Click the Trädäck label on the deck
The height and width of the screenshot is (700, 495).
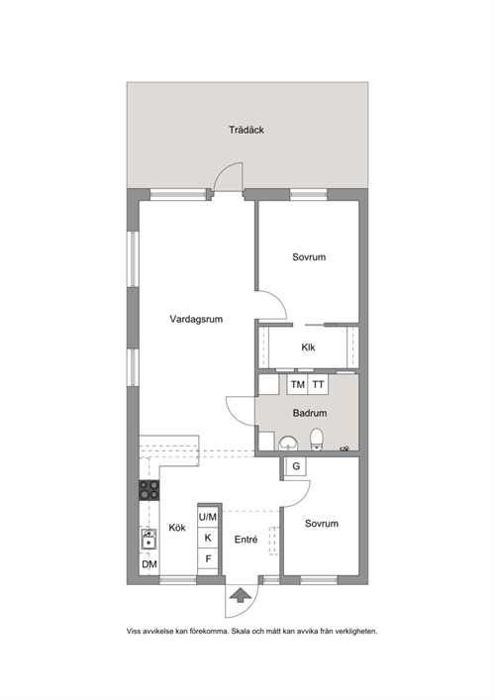247,130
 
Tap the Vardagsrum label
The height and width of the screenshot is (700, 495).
196,319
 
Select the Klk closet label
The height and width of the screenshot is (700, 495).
308,348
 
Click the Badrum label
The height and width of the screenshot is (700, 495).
310,413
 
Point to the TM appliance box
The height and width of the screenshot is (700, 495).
297,384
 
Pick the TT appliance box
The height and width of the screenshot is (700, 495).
318,384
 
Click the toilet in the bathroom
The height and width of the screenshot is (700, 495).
317,441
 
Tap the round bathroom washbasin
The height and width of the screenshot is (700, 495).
288,444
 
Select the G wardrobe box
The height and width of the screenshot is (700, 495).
296,466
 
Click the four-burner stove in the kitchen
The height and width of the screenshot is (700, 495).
149,490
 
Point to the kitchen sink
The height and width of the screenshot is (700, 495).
148,540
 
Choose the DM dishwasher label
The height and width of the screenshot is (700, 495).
149,564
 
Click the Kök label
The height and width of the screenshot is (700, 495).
177,528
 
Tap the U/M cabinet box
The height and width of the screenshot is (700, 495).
208,517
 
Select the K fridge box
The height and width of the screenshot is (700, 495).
208,538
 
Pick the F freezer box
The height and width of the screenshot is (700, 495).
208,558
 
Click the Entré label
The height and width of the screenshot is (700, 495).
246,540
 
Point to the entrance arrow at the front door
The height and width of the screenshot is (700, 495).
241,595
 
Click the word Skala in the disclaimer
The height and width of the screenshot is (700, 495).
242,632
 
